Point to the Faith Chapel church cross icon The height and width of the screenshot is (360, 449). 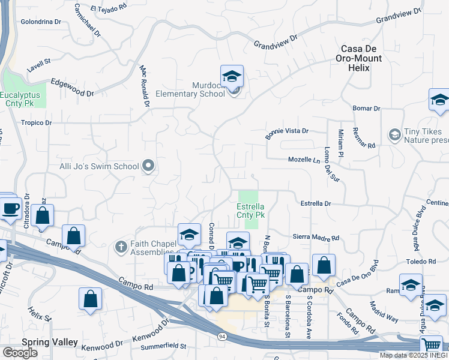tap(120, 245)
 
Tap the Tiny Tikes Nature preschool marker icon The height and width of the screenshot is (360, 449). tap(394, 133)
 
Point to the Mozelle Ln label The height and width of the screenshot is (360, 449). tap(304, 160)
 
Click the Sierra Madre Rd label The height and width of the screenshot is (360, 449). tap(315, 238)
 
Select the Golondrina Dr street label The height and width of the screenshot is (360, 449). tap(41, 21)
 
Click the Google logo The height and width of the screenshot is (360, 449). tap(19, 353)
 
